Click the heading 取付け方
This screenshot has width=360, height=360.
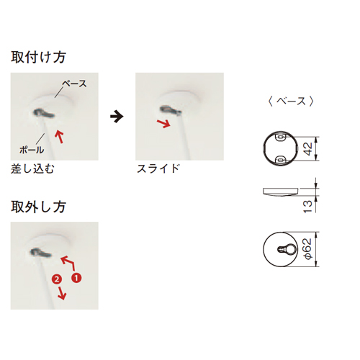[38, 58]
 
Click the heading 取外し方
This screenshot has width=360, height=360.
[38, 207]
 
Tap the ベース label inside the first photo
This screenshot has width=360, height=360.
[74, 84]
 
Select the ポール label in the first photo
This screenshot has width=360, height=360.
[32, 150]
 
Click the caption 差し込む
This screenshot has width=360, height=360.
[32, 168]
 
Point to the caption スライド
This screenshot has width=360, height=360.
[158, 168]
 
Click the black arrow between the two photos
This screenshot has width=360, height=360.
[117, 117]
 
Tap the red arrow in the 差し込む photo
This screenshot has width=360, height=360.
[59, 137]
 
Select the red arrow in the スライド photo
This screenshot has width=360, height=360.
[163, 123]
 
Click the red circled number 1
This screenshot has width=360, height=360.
[76, 278]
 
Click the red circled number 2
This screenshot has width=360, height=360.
[57, 279]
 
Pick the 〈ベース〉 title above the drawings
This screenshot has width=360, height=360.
[291, 101]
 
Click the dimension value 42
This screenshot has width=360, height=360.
[307, 149]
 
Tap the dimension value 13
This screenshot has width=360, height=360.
[307, 207]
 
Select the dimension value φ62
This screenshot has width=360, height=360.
[307, 249]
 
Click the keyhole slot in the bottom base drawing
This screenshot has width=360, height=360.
[287, 249]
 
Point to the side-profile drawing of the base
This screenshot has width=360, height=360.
[281, 192]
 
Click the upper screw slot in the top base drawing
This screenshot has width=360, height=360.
[280, 138]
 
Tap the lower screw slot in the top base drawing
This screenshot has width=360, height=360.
[280, 158]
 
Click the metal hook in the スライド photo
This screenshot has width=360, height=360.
[171, 110]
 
